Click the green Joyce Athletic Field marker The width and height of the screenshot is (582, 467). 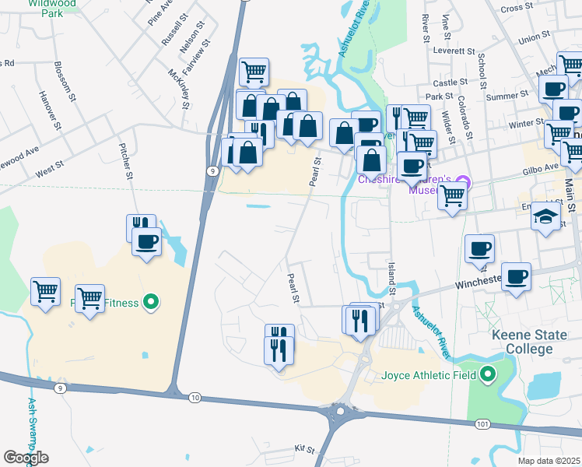coord(488,376)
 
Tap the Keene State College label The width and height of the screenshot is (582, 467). coord(533,342)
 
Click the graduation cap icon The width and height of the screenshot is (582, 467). coord(546,216)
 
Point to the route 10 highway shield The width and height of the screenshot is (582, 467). coord(195,398)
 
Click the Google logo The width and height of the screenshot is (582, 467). coord(26,457)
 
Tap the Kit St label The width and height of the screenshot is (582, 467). coord(303,449)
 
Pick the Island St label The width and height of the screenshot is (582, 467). coord(391,279)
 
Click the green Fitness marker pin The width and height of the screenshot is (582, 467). coord(153,302)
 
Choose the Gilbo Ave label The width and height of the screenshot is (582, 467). coord(542,168)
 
